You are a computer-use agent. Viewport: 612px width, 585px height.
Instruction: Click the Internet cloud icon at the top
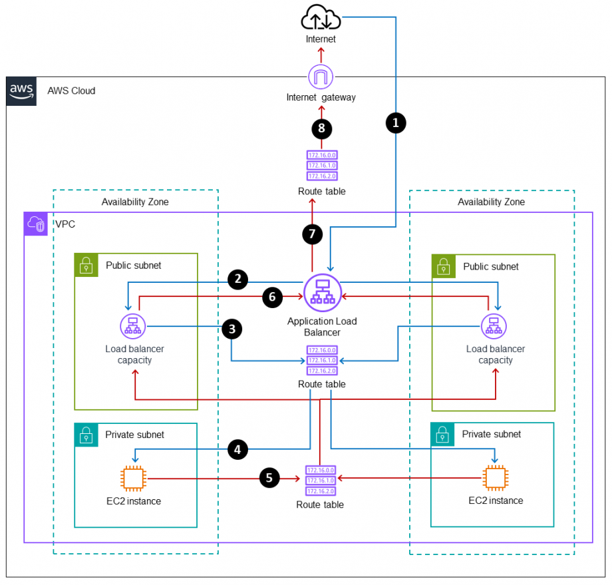(321, 17)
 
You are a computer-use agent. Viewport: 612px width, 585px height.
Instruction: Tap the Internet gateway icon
(321, 77)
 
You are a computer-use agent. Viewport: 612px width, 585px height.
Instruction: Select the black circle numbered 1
(396, 122)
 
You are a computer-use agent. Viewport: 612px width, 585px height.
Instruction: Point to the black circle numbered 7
(311, 234)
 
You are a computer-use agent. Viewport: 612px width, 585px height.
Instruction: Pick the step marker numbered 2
(237, 280)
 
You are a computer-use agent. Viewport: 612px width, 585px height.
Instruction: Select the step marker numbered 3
(231, 329)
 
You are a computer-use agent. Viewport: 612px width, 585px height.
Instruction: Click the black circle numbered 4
(237, 449)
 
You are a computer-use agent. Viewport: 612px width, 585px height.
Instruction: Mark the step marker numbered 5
(269, 477)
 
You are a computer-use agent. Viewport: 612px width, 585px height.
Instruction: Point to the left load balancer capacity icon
(132, 327)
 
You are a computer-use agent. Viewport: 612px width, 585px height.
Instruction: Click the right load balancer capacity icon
(494, 327)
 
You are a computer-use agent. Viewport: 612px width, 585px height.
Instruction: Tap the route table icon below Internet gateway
(321, 165)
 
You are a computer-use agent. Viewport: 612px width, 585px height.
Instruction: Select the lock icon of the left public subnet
(86, 266)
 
